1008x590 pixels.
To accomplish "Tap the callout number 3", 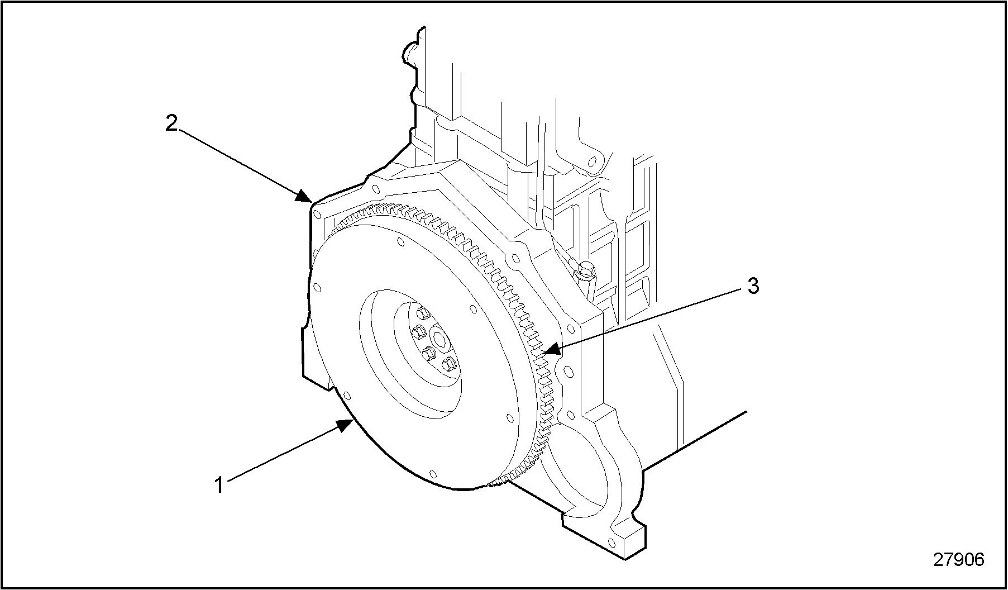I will pyautogui.click(x=753, y=287).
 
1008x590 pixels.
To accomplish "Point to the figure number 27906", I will pyautogui.click(x=959, y=559).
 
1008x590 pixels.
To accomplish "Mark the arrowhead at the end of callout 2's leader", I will pyautogui.click(x=304, y=196).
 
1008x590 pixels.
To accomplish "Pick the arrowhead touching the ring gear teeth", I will pyautogui.click(x=551, y=350).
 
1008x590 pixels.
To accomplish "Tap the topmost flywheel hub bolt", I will pyautogui.click(x=422, y=313).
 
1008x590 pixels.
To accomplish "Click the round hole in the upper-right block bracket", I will pyautogui.click(x=593, y=162).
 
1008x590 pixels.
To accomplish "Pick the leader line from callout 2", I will pyautogui.click(x=240, y=163).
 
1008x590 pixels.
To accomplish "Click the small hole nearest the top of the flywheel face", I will pyautogui.click(x=400, y=242).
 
